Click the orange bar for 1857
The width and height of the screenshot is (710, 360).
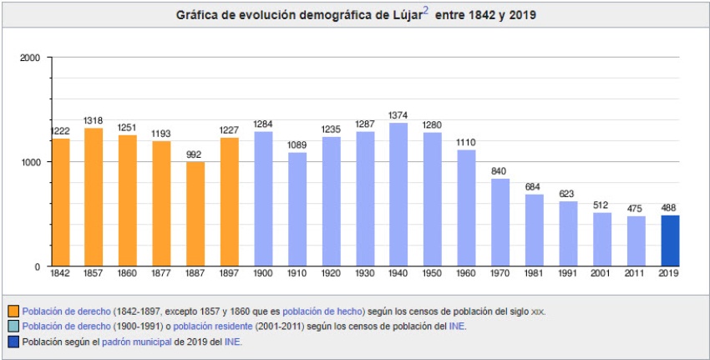(94, 197)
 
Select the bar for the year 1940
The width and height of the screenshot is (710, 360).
(398, 195)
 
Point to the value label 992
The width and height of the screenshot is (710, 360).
(195, 154)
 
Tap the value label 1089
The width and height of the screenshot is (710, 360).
(297, 145)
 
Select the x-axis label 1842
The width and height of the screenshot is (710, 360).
(59, 273)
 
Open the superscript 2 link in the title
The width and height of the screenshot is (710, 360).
(426, 12)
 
